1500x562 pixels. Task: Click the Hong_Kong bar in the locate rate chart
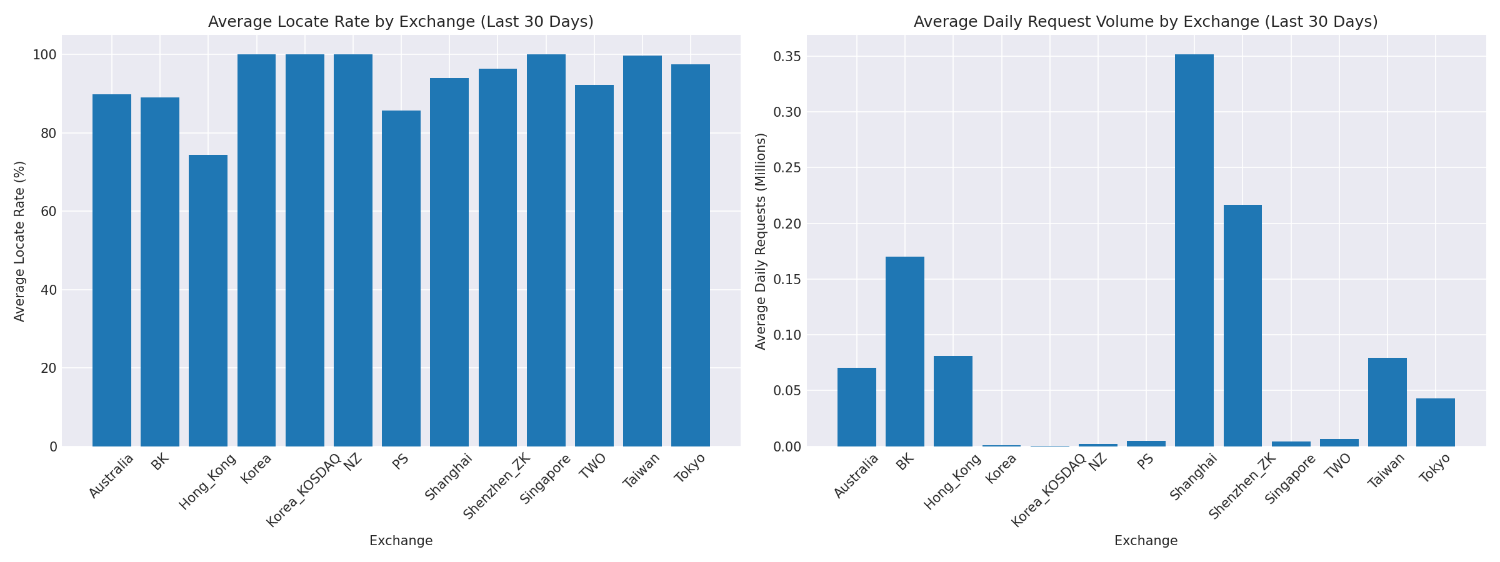coord(208,300)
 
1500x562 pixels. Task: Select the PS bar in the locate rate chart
coord(401,279)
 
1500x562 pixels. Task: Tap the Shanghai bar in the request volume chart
coord(1194,250)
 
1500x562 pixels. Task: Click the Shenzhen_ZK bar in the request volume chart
coord(1242,325)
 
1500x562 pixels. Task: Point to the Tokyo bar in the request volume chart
coord(1436,422)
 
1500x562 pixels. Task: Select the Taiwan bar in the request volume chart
coord(1387,402)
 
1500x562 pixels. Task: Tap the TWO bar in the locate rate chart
coord(594,265)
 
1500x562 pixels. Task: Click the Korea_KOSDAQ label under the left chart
coord(303,491)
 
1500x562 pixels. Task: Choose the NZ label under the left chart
coord(353,462)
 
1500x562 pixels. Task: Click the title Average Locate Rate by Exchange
coord(401,22)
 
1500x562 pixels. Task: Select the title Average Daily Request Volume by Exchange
coord(1146,22)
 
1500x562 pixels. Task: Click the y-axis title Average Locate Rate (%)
coord(20,241)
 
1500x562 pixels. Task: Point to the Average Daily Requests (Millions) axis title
coord(761,241)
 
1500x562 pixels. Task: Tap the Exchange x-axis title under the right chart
coord(1146,541)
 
